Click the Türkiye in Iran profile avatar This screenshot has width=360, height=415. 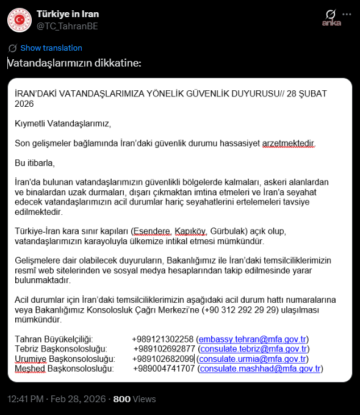(x=20, y=20)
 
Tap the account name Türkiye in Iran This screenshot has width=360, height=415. (x=68, y=14)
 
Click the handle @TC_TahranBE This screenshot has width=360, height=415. (x=67, y=26)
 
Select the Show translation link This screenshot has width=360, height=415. (x=51, y=48)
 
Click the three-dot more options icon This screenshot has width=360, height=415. (x=347, y=13)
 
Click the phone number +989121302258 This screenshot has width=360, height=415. (x=162, y=339)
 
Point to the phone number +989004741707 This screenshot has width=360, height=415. (x=163, y=369)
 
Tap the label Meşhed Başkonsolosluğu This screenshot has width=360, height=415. (x=64, y=369)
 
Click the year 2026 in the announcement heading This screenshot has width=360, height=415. (x=24, y=104)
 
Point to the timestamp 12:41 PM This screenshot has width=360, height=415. (x=26, y=399)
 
